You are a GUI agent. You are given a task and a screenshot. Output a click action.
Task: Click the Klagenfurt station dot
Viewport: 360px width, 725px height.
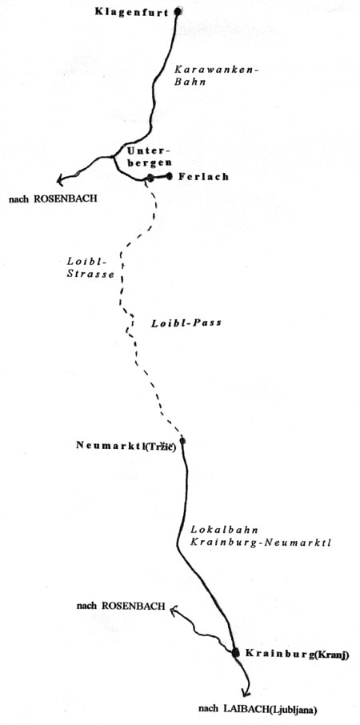point(178,12)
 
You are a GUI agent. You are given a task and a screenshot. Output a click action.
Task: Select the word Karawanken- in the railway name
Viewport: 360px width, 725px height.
point(216,70)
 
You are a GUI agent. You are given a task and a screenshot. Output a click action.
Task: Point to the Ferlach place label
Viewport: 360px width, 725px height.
point(203,176)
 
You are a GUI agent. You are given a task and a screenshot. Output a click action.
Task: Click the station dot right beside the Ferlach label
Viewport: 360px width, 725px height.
point(170,176)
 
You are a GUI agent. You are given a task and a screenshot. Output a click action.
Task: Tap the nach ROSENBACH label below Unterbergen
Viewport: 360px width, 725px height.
point(53,200)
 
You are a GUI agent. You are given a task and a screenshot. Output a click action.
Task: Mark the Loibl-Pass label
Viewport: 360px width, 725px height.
point(186,322)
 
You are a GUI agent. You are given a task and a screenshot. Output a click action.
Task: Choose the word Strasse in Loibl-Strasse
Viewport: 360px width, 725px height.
point(90,274)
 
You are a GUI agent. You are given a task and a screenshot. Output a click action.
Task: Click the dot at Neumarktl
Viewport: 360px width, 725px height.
point(182,441)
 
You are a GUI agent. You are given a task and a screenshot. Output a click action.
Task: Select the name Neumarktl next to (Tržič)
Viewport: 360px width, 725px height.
point(110,445)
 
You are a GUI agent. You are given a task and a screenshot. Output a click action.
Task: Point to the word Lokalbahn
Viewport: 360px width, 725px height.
point(224,531)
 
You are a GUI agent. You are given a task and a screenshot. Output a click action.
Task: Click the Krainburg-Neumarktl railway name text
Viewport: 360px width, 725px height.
point(261,543)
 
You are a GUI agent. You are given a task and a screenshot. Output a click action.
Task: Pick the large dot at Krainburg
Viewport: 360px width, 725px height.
point(236,652)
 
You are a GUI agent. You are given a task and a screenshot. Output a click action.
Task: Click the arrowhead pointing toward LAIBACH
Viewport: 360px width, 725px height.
point(246,692)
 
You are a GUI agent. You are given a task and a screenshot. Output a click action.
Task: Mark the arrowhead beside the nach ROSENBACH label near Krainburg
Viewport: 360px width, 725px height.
point(174,611)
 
